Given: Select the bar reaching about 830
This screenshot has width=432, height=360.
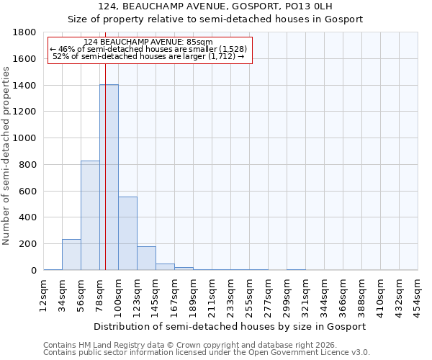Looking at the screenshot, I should [x=90, y=215].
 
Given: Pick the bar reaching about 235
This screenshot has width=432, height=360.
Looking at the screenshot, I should [x=71, y=255].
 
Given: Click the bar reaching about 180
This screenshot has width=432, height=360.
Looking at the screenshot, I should [x=146, y=258].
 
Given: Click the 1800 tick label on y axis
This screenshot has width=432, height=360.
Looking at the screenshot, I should [x=24, y=32].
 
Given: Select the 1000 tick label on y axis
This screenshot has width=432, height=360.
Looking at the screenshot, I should [x=24, y=138].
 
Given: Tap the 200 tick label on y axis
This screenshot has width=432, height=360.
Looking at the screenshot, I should [x=27, y=244].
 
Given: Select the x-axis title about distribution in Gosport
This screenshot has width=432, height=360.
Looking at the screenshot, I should [x=230, y=326].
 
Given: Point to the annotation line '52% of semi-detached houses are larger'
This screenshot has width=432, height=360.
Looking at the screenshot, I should [x=150, y=56].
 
